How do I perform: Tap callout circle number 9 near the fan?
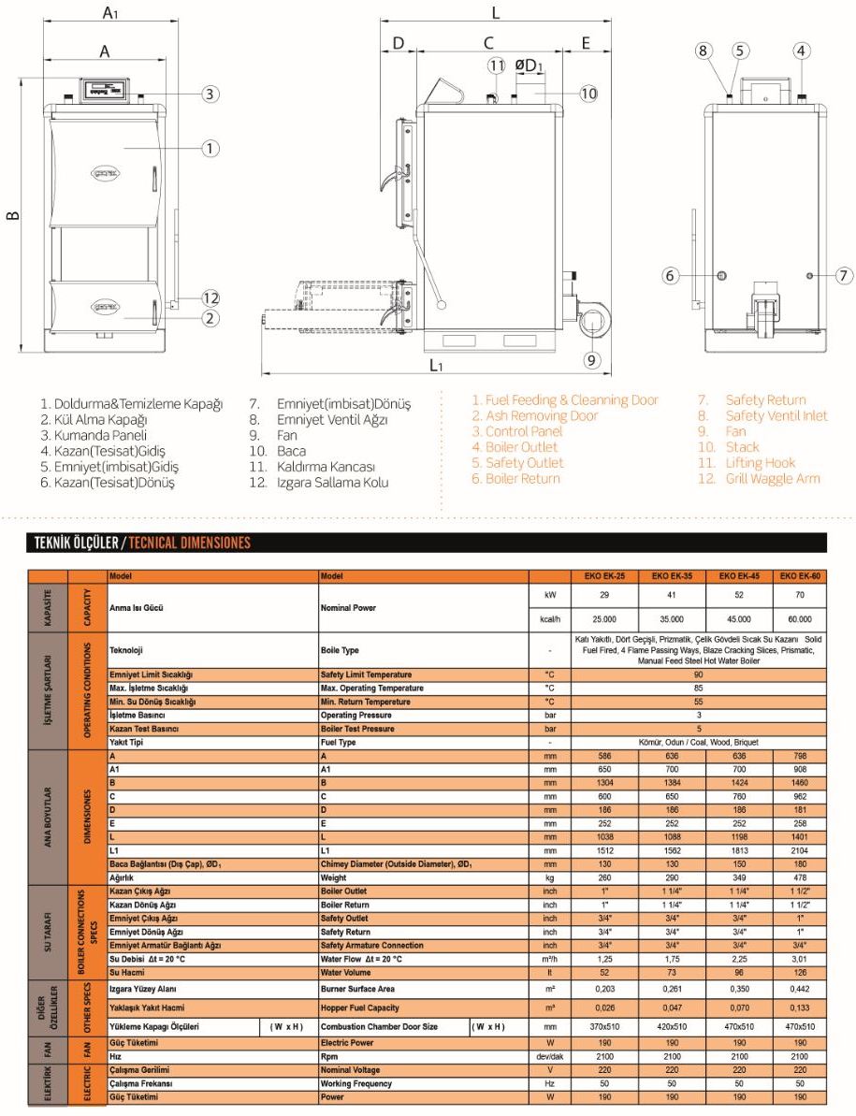click(591, 359)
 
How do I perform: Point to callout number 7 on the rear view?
click(843, 275)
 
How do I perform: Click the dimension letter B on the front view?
click(12, 216)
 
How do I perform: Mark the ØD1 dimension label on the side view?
click(529, 65)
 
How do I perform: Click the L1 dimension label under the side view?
click(436, 365)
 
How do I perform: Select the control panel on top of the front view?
click(106, 90)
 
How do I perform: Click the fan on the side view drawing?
click(591, 324)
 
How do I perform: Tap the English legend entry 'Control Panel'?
click(517, 431)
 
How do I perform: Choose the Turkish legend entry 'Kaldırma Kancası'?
click(326, 466)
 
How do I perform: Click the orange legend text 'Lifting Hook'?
click(760, 462)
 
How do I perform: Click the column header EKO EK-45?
click(739, 576)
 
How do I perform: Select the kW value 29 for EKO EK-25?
click(604, 595)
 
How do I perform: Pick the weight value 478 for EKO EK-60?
click(800, 877)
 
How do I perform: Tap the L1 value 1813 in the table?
click(739, 850)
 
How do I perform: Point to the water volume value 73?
click(671, 972)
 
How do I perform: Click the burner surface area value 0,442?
click(800, 989)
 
